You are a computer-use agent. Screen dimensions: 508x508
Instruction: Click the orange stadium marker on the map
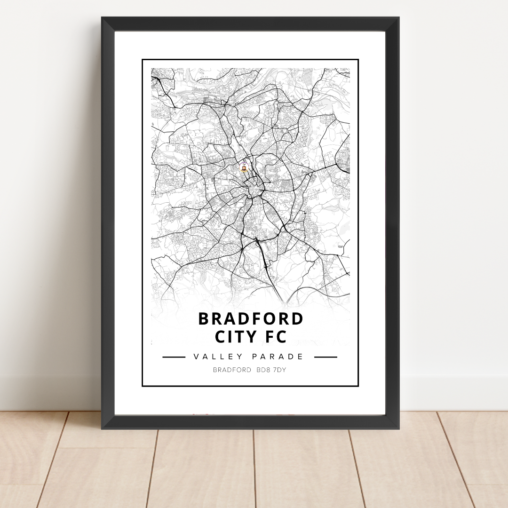(x=244, y=168)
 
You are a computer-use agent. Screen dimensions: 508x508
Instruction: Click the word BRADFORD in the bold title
(x=251, y=319)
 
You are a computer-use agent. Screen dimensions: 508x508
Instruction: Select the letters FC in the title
(x=276, y=337)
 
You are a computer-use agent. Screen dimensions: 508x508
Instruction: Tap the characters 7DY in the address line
(x=279, y=370)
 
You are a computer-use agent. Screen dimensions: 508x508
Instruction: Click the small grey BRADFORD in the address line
(x=232, y=370)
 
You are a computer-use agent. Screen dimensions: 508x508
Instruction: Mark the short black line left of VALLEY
(x=174, y=357)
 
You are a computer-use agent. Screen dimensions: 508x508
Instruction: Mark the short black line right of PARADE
(x=325, y=357)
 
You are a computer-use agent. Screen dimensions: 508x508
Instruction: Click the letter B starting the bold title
(x=203, y=319)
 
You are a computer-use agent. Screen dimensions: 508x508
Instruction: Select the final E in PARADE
(x=302, y=357)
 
